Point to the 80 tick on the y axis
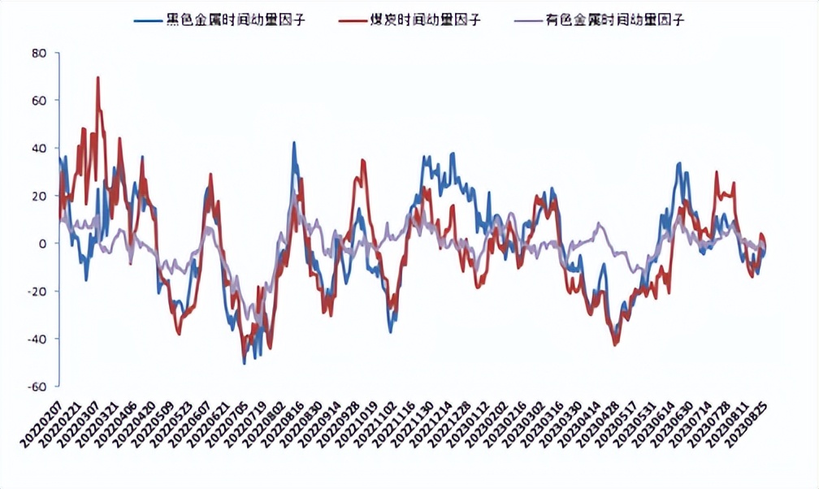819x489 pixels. pyautogui.click(x=39, y=53)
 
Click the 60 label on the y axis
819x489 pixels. pyautogui.click(x=39, y=101)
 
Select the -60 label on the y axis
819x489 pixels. pyautogui.click(x=37, y=387)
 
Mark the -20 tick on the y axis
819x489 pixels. pyautogui.click(x=37, y=292)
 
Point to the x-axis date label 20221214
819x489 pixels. pyautogui.click(x=428, y=418)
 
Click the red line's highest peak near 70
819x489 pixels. pyautogui.click(x=98, y=78)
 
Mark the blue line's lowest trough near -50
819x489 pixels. pyautogui.click(x=245, y=362)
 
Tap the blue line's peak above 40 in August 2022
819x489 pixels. pyautogui.click(x=294, y=143)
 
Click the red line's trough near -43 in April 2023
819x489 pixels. pyautogui.click(x=615, y=345)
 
